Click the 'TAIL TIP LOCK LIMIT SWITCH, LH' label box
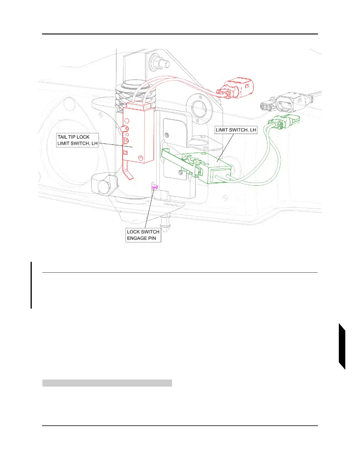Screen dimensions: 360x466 [x=77, y=140]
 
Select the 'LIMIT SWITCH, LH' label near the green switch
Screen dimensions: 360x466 [x=236, y=130]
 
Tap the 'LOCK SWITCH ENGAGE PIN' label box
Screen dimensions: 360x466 [x=143, y=235]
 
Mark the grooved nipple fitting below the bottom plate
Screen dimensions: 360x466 [x=165, y=225]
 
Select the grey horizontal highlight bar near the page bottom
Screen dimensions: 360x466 [x=107, y=383]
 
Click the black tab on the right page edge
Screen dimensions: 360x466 [x=342, y=346]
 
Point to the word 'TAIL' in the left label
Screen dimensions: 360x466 [x=62, y=137]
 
